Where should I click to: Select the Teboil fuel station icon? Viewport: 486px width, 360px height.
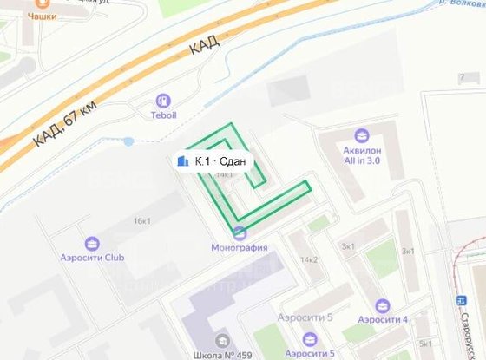[x=163, y=101]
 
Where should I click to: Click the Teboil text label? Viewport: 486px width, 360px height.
[x=163, y=115]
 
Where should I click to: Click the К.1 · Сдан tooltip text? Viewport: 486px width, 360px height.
[x=220, y=160]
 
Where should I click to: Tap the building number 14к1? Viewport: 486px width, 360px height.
[x=224, y=175]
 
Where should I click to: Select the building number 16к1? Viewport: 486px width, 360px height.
[x=141, y=221]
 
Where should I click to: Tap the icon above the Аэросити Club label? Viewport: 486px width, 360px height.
[x=93, y=244]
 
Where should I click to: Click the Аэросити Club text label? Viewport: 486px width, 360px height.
[x=93, y=259]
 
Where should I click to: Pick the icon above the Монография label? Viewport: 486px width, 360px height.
[x=240, y=232]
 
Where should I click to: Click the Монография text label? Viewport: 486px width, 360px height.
[x=240, y=247]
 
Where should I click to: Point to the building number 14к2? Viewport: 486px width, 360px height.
[x=309, y=259]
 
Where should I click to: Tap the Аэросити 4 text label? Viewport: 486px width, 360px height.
[x=383, y=320]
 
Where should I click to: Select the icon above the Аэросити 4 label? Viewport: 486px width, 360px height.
[x=383, y=305]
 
